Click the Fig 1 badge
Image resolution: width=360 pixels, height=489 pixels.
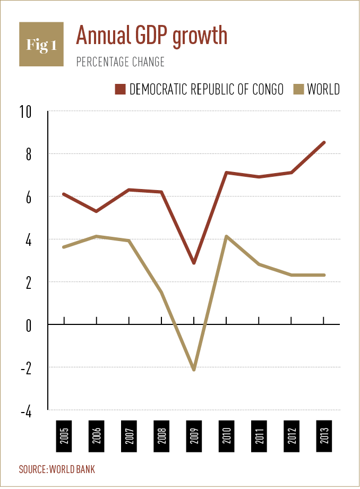point(41,44)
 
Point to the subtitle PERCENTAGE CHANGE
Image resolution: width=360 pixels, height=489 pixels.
point(121,62)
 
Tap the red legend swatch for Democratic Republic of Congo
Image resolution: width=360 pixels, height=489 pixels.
point(119,88)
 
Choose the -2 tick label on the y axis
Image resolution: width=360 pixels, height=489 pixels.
point(26,367)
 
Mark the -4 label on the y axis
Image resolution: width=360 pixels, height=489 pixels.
point(26,410)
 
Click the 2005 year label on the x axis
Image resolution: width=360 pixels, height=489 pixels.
point(64,436)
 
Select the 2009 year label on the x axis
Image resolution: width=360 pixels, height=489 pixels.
point(194,436)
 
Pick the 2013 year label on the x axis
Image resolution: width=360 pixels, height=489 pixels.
point(324,436)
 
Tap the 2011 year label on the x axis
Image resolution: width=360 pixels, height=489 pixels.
point(259,436)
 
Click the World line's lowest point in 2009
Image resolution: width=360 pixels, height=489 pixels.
point(194,369)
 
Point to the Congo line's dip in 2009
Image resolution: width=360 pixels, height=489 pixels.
point(194,262)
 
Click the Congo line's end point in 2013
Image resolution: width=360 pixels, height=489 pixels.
point(324,142)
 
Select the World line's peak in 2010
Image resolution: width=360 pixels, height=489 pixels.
point(227,236)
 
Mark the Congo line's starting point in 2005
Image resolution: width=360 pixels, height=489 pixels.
point(64,194)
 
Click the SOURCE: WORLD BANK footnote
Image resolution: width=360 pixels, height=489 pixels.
point(57,469)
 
